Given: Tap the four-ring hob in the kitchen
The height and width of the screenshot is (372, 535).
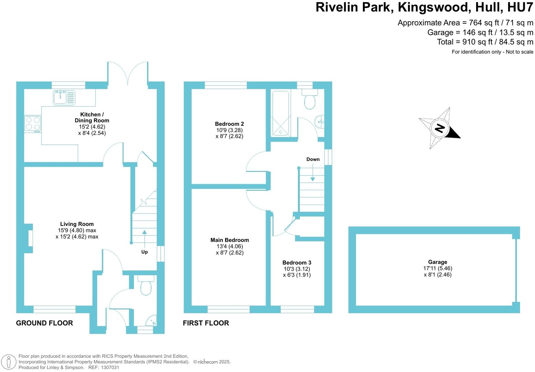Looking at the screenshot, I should tap(33, 124).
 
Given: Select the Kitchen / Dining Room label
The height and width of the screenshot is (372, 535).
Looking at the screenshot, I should tap(92, 117).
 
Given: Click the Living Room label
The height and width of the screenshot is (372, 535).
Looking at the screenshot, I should tap(77, 224).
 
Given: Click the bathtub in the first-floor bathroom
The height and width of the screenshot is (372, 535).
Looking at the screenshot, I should tap(280, 113).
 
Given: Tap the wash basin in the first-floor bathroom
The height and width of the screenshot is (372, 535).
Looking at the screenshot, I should tap(319, 122).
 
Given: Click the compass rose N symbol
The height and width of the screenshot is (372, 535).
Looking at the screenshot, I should tap(440, 128).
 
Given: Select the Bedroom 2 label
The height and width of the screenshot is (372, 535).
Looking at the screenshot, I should tap(229, 124).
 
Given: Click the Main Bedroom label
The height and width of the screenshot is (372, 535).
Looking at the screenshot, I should tap(230, 240).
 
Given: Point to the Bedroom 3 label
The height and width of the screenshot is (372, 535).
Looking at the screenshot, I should tap(297, 263).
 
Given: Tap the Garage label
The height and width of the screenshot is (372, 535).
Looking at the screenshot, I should tap(438, 262).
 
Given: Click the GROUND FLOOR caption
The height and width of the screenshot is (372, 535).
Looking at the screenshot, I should tap(44, 323).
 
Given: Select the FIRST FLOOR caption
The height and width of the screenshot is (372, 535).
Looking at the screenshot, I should tap(206, 323).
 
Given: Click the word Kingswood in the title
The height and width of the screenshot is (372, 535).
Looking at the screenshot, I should tap(433, 7).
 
